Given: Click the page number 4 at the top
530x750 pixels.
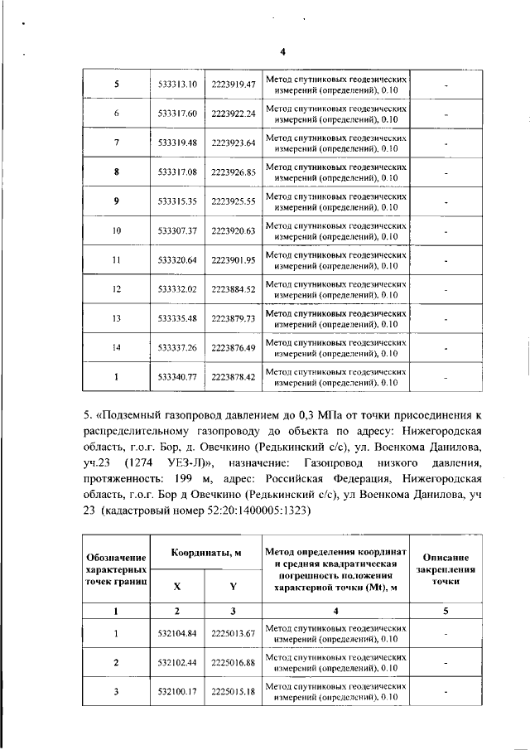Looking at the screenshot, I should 282,51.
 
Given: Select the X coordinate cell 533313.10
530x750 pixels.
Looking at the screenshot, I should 177,85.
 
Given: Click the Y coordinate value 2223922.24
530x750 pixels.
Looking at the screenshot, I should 233,114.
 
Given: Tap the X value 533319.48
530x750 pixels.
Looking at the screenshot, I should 177,143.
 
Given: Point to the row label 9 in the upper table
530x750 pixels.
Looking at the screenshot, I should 117,201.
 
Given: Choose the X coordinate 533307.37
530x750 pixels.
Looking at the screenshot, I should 177,230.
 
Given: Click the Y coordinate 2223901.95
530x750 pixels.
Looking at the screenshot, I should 233,259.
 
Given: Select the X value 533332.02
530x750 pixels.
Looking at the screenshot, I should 177,289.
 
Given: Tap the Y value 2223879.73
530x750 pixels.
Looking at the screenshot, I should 233,318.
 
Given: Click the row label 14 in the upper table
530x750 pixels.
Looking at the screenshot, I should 117,347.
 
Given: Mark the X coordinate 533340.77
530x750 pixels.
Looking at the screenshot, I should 177,377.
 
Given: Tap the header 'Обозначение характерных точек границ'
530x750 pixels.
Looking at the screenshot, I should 117,571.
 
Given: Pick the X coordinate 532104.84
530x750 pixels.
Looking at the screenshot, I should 177,634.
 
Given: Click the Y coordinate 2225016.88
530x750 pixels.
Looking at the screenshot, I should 233,663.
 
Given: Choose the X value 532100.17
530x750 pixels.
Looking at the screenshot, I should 177,691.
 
